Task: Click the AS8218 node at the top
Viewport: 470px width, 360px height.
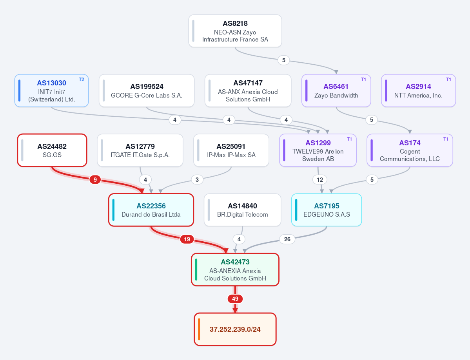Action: pyautogui.click(x=235, y=31)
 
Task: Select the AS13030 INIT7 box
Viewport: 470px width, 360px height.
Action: pyautogui.click(x=52, y=90)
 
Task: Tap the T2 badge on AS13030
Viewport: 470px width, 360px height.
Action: pyautogui.click(x=82, y=80)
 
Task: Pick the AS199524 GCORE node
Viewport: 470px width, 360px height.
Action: pyautogui.click(x=147, y=90)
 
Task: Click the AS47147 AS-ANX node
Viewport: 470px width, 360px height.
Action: pyautogui.click(x=248, y=90)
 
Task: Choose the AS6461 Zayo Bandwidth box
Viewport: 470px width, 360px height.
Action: pyautogui.click(x=336, y=90)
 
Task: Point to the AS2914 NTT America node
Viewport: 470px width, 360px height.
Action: pyautogui.click(x=418, y=90)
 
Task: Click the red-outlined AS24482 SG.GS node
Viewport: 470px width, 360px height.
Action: pyautogui.click(x=52, y=150)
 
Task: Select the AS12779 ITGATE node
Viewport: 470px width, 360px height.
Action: pyautogui.click(x=140, y=150)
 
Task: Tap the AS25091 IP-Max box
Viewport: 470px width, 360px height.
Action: pyautogui.click(x=231, y=150)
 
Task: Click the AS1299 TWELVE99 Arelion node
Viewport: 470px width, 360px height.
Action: pyautogui.click(x=318, y=150)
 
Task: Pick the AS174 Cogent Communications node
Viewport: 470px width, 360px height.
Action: pyautogui.click(x=410, y=150)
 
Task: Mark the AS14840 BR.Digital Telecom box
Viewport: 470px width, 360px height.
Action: pyautogui.click(x=243, y=210)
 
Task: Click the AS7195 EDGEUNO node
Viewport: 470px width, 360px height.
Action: pyautogui.click(x=327, y=210)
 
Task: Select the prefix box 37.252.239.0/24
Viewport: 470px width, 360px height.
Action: pyautogui.click(x=235, y=329)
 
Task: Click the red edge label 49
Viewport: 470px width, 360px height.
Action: pyautogui.click(x=235, y=299)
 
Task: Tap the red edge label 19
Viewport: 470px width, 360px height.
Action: pyautogui.click(x=187, y=239)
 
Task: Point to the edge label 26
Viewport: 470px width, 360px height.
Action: pyautogui.click(x=287, y=239)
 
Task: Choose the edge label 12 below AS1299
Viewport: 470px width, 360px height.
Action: pyautogui.click(x=320, y=180)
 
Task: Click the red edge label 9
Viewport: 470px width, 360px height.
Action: pyautogui.click(x=95, y=180)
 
